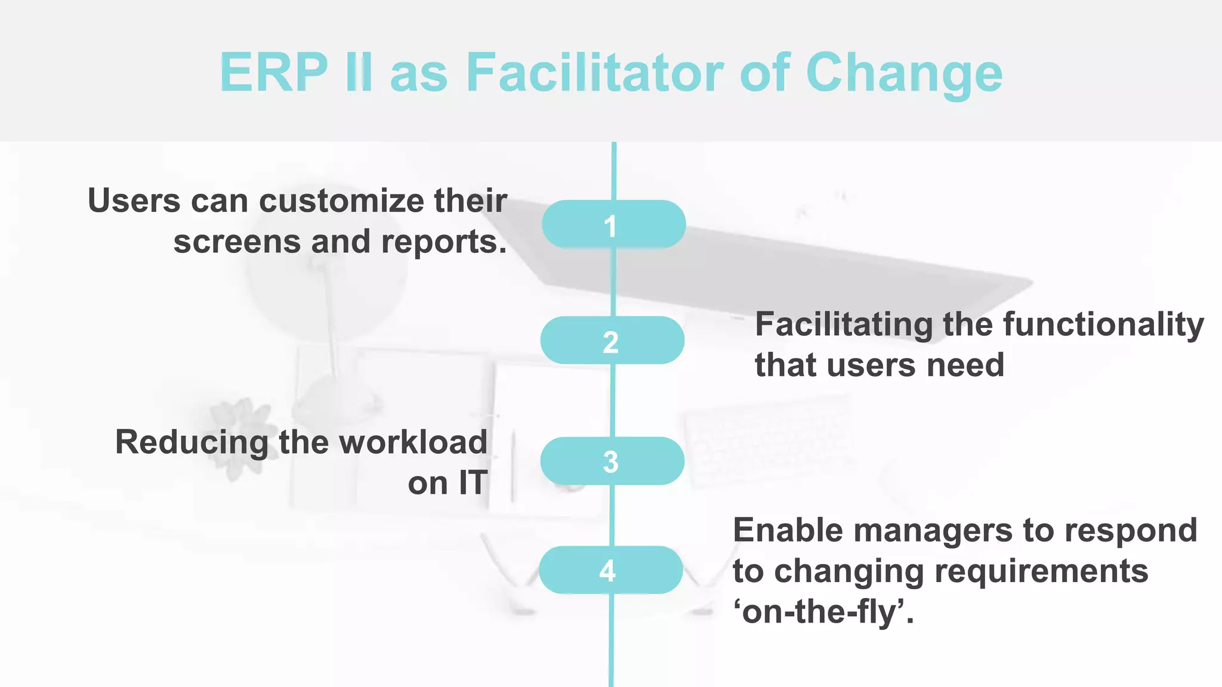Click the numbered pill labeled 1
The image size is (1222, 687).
coord(613,224)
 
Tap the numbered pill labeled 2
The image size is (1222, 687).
coord(612,341)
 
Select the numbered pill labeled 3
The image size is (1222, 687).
coord(612,461)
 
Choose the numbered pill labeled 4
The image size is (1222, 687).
coord(610,570)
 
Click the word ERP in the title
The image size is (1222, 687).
coord(273,73)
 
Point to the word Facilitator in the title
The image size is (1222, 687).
coord(594,73)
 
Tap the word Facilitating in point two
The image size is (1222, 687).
coord(844,325)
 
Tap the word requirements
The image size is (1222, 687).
coord(1041,571)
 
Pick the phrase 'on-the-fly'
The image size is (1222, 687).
coord(823,612)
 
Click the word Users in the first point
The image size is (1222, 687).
coord(134,201)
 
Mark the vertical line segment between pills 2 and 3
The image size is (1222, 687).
coord(613,400)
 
